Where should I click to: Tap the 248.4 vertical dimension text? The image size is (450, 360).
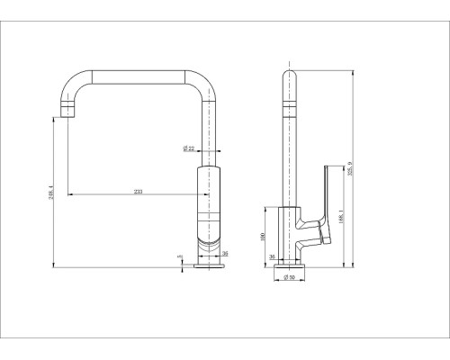pyautogui.click(x=51, y=193)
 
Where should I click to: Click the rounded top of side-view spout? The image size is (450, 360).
pyautogui.click(x=290, y=75)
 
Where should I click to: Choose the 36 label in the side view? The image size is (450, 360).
pyautogui.click(x=273, y=256)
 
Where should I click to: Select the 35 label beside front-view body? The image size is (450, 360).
pyautogui.click(x=225, y=255)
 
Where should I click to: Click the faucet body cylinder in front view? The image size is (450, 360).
pyautogui.click(x=206, y=202)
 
